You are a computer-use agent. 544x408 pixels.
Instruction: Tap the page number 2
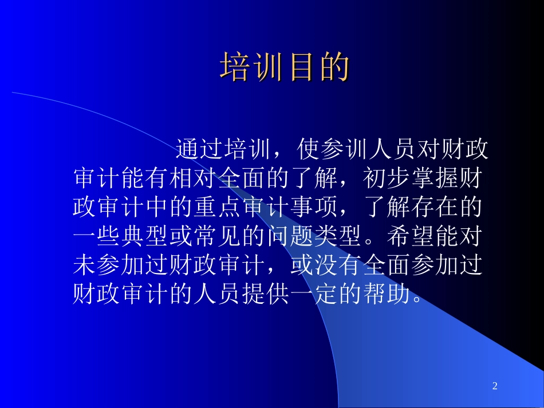click(x=495, y=387)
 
